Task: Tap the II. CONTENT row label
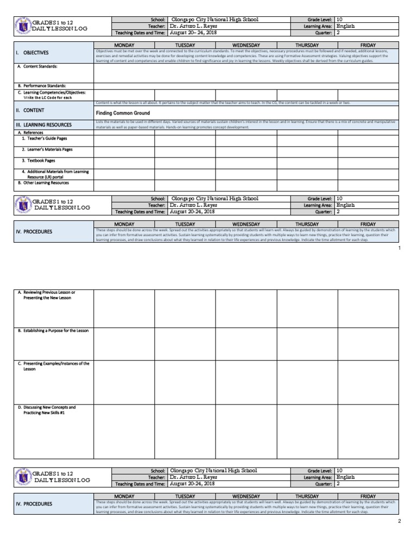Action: click(30, 110)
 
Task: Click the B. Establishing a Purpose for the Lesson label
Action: click(53, 330)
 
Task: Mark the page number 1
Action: click(399, 248)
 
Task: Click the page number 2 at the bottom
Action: click(399, 521)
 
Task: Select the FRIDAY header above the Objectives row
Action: click(368, 45)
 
